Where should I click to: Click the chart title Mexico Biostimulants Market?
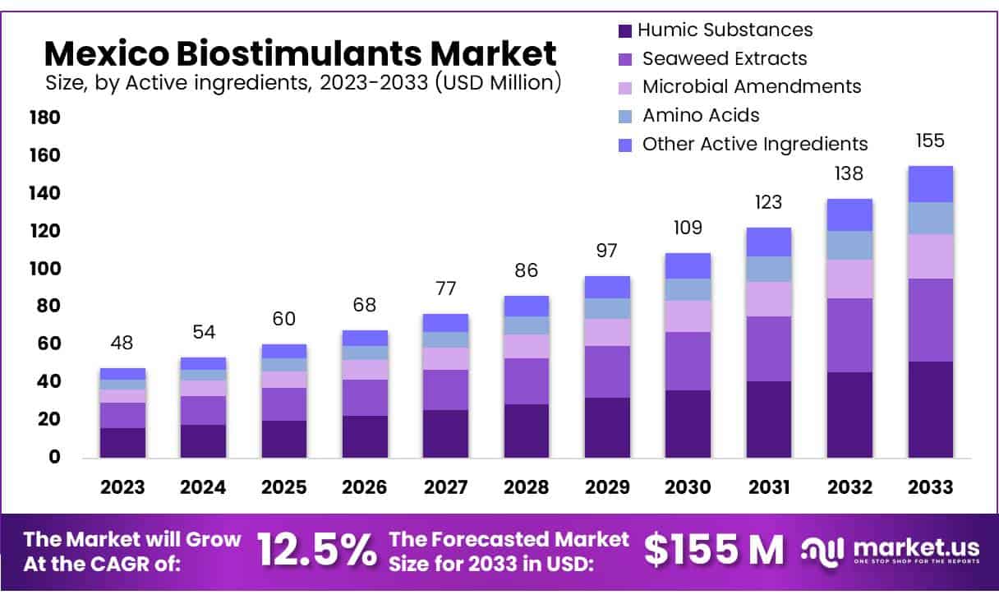click(300, 53)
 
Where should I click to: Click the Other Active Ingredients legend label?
click(754, 144)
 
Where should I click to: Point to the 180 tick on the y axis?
click(45, 118)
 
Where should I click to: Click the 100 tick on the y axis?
click(45, 269)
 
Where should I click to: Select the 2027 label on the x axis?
click(445, 486)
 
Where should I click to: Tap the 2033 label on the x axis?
click(931, 486)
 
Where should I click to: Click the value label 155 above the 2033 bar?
click(930, 141)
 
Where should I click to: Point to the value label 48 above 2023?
click(122, 343)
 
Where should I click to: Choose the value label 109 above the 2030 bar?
click(688, 228)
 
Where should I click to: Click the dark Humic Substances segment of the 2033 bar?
click(930, 409)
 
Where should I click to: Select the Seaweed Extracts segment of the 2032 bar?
click(849, 335)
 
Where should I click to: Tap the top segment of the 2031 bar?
click(768, 242)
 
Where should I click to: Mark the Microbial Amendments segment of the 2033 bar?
click(930, 256)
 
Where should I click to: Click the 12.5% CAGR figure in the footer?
click(316, 550)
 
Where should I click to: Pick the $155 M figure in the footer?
click(713, 550)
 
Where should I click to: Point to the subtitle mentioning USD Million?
click(302, 82)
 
